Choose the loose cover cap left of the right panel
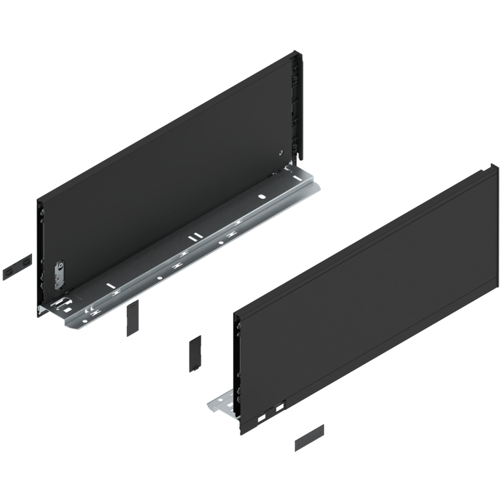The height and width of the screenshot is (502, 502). click(x=195, y=354)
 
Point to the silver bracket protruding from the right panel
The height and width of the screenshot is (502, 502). click(x=220, y=405)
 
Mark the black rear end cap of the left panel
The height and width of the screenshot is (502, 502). click(x=299, y=105)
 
